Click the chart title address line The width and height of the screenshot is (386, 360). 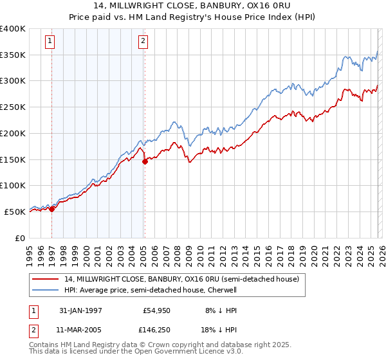point(193,6)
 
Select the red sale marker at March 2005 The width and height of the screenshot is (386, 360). point(145,161)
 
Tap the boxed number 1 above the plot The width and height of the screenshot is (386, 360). point(50,42)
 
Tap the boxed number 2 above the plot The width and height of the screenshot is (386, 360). point(143,42)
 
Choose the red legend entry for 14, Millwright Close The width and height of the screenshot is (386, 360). point(181,280)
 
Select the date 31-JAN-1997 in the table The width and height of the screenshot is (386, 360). point(80,310)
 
